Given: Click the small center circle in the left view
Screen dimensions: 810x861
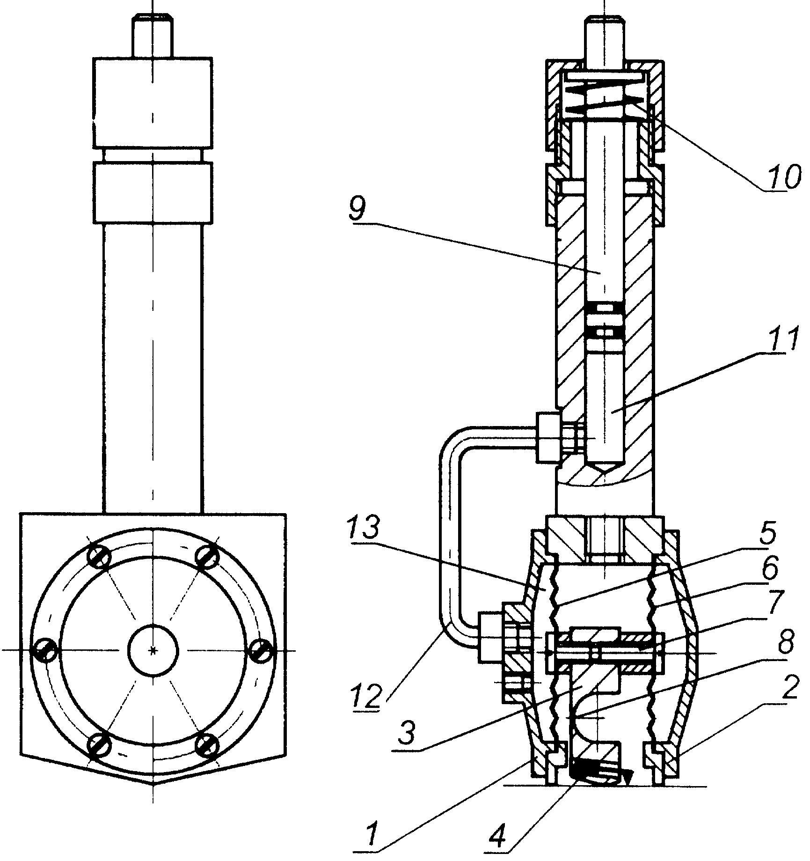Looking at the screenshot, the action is (153, 650).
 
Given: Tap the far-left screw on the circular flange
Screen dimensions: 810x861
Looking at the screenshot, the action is (45, 651).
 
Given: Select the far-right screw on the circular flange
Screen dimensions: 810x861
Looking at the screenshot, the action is (260, 651).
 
